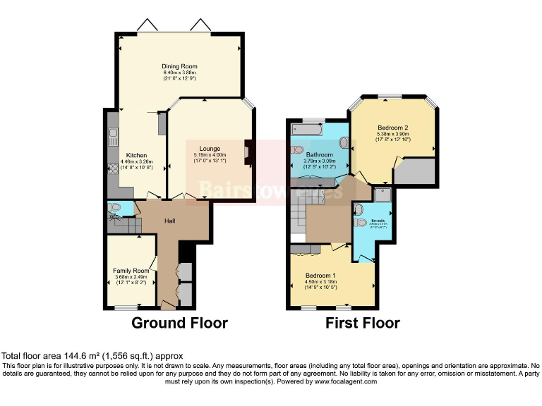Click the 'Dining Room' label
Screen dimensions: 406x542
(179, 66)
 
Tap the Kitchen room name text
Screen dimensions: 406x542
(135, 155)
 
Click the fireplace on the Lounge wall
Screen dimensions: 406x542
(247, 152)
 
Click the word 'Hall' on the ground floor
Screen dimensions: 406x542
(170, 221)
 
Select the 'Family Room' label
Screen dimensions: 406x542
(131, 271)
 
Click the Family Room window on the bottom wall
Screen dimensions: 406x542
(126, 307)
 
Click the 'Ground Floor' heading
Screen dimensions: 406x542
(180, 324)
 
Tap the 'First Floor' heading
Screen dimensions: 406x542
(362, 324)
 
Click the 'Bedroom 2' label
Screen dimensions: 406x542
(393, 127)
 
